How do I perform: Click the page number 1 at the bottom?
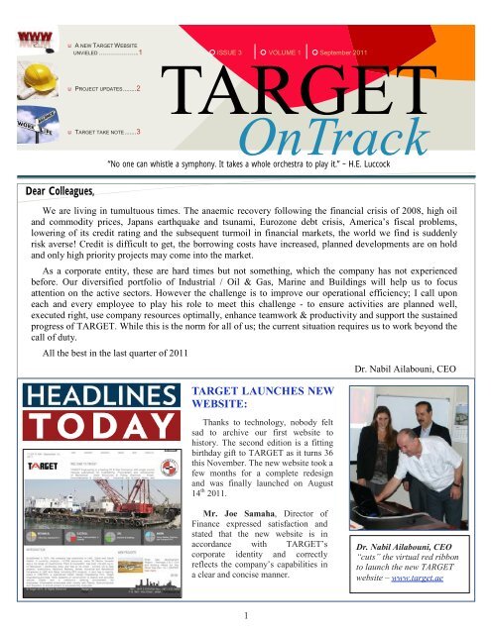tap(245, 618)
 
